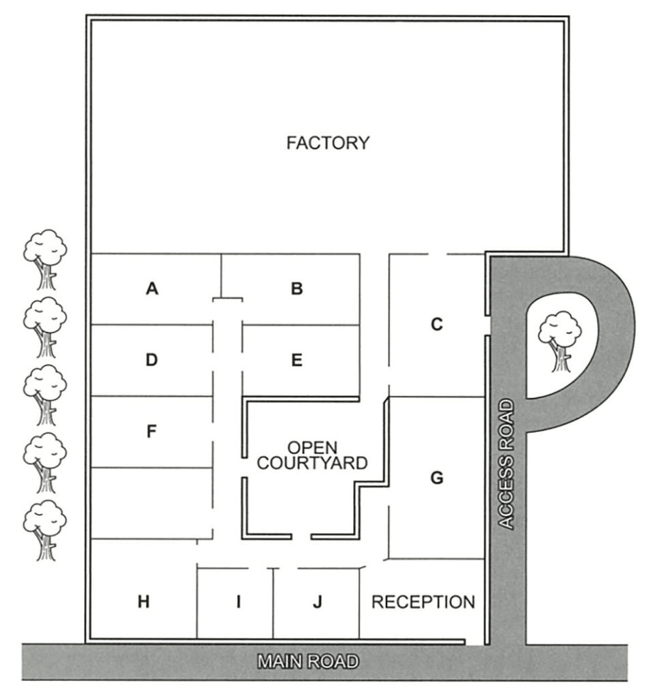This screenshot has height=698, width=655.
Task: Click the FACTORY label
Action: pyautogui.click(x=328, y=143)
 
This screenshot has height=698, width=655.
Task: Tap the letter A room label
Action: pyautogui.click(x=152, y=289)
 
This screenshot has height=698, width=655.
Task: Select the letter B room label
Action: pyautogui.click(x=296, y=289)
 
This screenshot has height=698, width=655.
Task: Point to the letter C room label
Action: pyautogui.click(x=437, y=325)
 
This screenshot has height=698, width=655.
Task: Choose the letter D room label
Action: pyautogui.click(x=152, y=361)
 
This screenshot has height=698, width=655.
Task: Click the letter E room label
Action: pyautogui.click(x=296, y=361)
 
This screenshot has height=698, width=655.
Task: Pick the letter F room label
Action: pyautogui.click(x=152, y=431)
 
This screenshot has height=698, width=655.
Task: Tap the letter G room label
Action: pyautogui.click(x=437, y=479)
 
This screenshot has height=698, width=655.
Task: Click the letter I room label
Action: pyautogui.click(x=238, y=602)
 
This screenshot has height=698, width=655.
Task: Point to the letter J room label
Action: pyautogui.click(x=316, y=602)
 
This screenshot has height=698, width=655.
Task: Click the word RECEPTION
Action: pyautogui.click(x=423, y=602)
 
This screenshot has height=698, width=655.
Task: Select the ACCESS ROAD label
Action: pyautogui.click(x=506, y=465)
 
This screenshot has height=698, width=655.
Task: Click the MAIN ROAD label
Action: pyautogui.click(x=307, y=661)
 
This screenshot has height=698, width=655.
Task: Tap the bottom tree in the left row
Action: pyautogui.click(x=45, y=530)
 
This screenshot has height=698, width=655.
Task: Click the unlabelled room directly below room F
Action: pyautogui.click(x=152, y=503)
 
